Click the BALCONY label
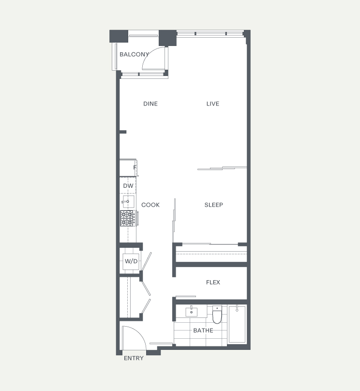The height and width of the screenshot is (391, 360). [134, 54]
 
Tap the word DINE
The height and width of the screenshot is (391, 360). [150, 104]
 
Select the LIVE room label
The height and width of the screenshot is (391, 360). [212, 104]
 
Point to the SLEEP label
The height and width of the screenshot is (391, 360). [214, 205]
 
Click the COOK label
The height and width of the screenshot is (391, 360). [150, 205]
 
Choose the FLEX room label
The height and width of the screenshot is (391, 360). [213, 282]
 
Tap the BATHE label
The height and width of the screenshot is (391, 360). [203, 331]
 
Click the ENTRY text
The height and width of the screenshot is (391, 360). [134, 358]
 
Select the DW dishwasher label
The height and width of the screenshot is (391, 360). [128, 186]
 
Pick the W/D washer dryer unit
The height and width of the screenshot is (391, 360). [131, 261]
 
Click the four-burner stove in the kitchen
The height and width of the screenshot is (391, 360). [128, 218]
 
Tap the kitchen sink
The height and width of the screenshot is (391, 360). [128, 201]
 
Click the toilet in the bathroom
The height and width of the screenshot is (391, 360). [217, 315]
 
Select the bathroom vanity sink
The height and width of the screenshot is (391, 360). [192, 312]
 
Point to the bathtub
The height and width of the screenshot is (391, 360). [237, 324]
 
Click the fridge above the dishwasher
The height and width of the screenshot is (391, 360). [128, 168]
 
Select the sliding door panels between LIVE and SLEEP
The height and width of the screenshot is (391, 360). [222, 168]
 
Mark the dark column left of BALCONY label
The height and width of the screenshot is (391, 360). [119, 36]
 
